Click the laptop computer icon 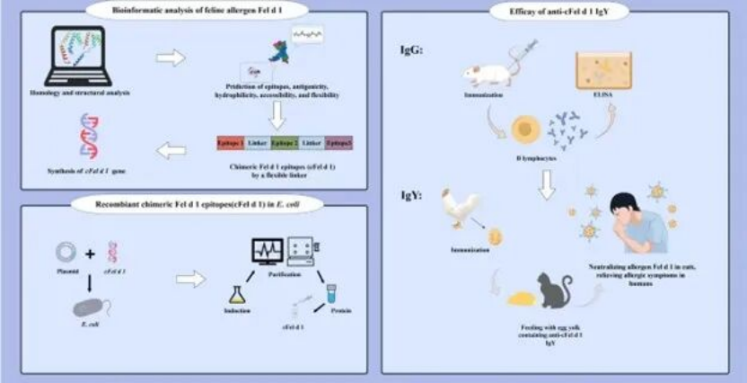[78, 54]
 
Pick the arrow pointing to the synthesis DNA [170, 150]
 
